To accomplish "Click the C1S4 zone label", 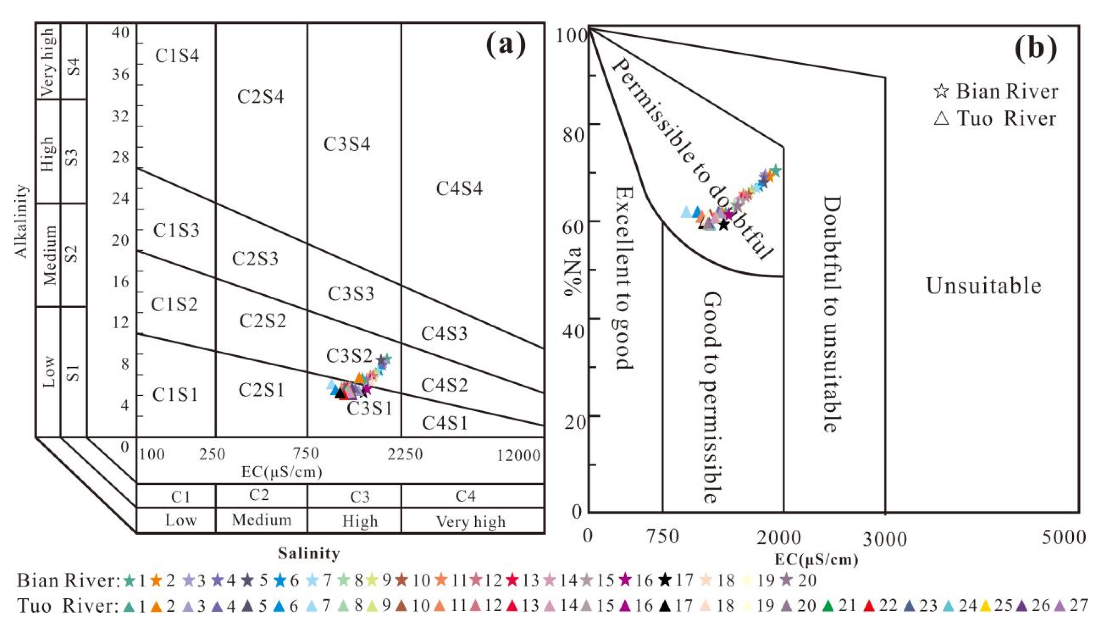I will pyautogui.click(x=177, y=56).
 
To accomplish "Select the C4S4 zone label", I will pyautogui.click(x=459, y=189).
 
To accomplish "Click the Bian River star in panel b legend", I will pyautogui.click(x=941, y=91).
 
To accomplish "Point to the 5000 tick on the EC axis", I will pyautogui.click(x=1064, y=537).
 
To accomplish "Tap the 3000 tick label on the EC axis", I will pyautogui.click(x=885, y=539).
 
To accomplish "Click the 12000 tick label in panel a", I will pyautogui.click(x=519, y=456).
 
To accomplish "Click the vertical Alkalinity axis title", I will pyautogui.click(x=22, y=221).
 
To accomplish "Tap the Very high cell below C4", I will pyautogui.click(x=471, y=521).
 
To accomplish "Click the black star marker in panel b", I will pyautogui.click(x=724, y=225).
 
